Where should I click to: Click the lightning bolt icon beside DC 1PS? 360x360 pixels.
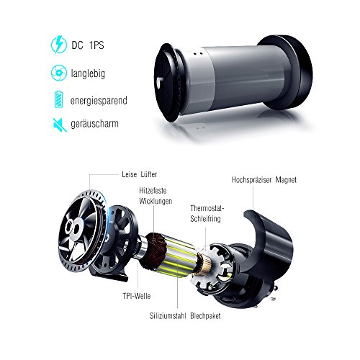coord(59,45)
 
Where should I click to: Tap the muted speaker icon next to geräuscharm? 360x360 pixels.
coord(60,125)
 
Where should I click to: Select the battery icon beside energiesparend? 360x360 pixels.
coord(58,99)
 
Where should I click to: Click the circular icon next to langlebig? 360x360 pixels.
coord(59,73)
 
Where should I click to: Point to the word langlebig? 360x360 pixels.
coord(88,73)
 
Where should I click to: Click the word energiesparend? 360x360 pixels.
coord(99,100)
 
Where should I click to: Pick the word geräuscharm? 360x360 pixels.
coord(94,124)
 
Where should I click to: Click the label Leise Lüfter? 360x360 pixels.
coord(139,174)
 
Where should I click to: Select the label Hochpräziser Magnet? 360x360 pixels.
coord(264,180)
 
